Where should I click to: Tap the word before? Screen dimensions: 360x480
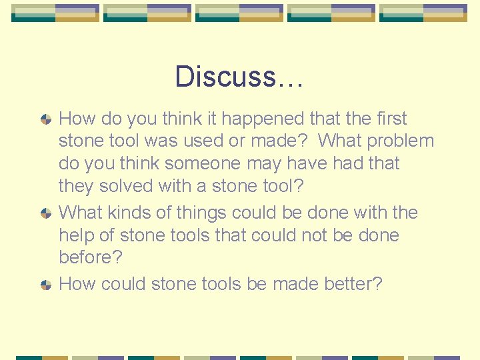point(86,257)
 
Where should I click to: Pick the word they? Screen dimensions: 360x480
point(76,186)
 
